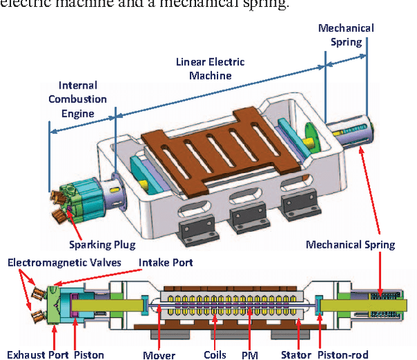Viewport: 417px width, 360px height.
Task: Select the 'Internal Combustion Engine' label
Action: [x=78, y=99]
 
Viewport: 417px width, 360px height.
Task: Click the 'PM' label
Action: [x=251, y=354]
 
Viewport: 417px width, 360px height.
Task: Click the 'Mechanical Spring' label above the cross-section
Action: [x=351, y=244]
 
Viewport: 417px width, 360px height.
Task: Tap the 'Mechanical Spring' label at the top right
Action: [x=346, y=35]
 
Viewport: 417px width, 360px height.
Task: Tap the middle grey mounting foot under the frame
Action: [x=245, y=207]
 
